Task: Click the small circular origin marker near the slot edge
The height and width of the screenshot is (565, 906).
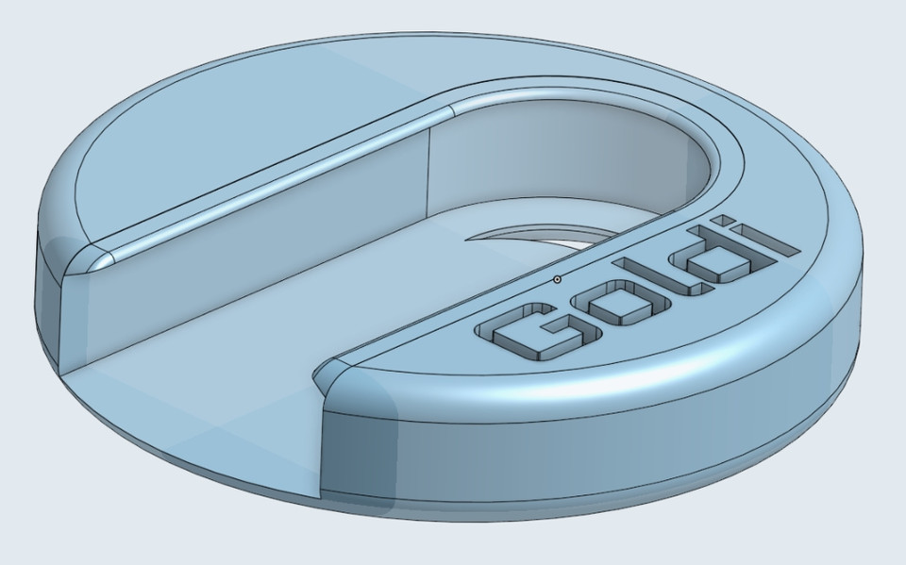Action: tap(557, 279)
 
